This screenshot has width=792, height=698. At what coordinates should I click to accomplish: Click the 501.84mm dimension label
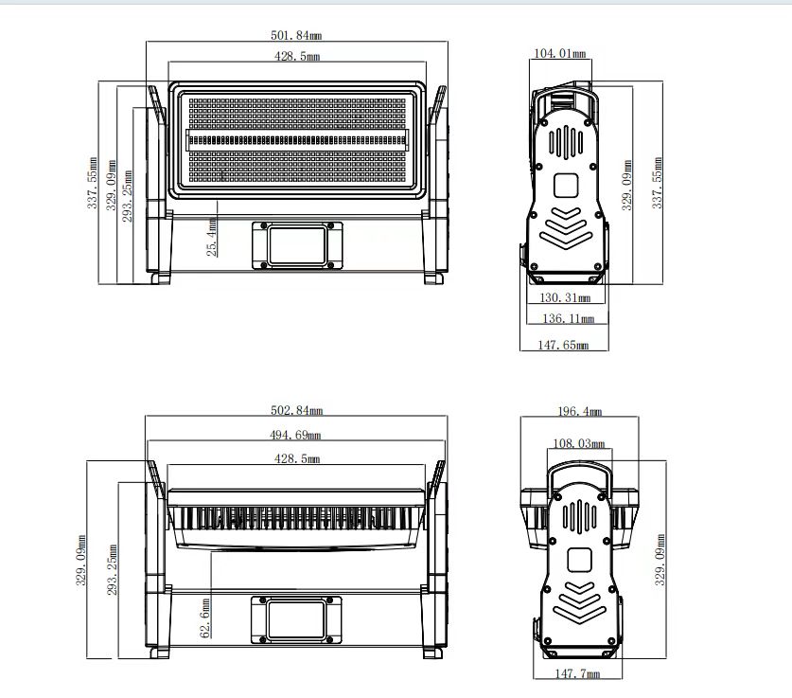click(296, 35)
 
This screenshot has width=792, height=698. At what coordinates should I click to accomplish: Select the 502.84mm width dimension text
click(296, 410)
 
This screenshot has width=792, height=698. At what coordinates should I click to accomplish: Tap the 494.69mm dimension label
click(295, 434)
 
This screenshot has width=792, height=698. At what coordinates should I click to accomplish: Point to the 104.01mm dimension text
click(560, 53)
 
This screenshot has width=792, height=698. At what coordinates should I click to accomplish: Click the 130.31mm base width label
click(565, 297)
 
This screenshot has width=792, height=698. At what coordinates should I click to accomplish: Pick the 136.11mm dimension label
click(569, 318)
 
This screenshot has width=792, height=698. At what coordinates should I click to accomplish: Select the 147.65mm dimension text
click(563, 345)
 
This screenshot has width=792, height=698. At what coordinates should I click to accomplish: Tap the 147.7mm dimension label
click(577, 673)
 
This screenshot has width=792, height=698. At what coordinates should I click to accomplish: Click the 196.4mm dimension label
click(579, 411)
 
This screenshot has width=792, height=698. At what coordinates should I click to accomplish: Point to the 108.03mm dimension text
click(579, 443)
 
